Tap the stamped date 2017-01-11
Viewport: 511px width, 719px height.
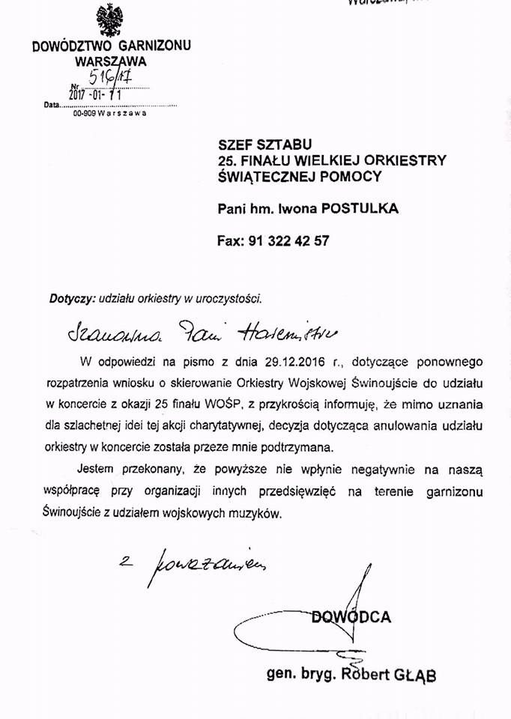[95, 95]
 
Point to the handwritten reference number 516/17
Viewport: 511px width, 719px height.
[109, 78]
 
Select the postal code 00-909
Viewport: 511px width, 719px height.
[83, 114]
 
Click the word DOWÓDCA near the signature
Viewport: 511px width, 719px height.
[351, 617]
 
